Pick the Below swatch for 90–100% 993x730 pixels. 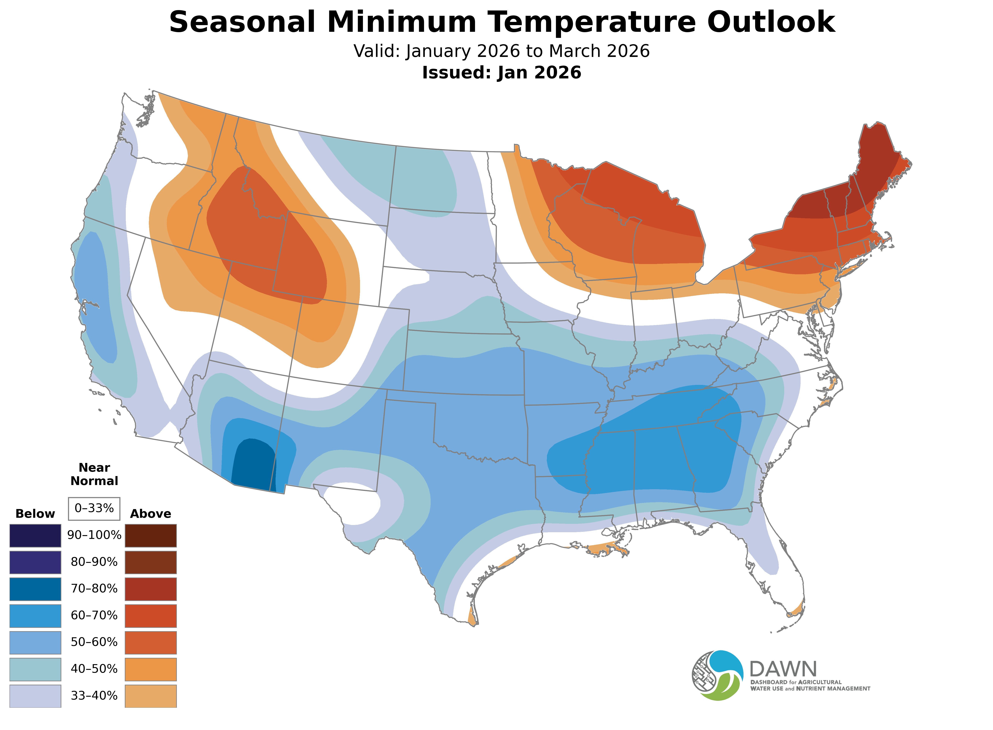[35, 536]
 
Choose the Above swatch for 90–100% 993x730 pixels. [151, 536]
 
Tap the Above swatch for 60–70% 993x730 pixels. [151, 616]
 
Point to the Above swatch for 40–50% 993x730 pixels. [151, 669]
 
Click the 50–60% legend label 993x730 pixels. [94, 642]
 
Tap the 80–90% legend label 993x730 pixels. [94, 562]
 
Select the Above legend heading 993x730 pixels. [151, 514]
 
